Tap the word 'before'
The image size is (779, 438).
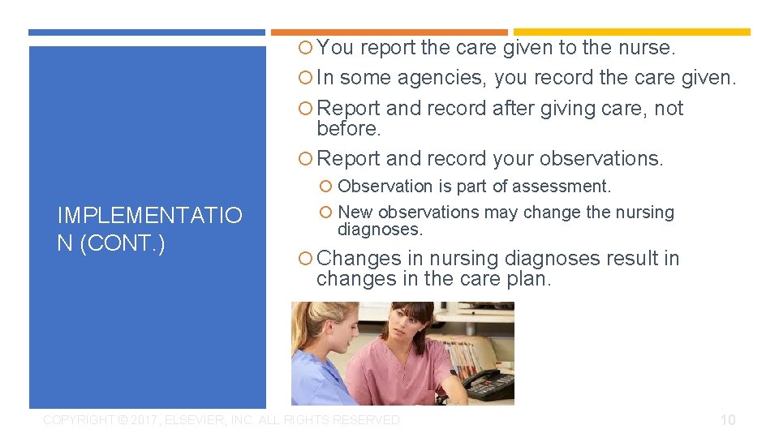pos(347,129)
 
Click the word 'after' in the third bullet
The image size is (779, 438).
pos(514,109)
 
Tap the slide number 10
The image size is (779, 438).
pos(728,419)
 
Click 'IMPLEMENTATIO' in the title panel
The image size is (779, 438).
pos(149,216)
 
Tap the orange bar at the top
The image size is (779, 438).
pos(389,32)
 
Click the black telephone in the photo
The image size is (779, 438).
pos(490,384)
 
